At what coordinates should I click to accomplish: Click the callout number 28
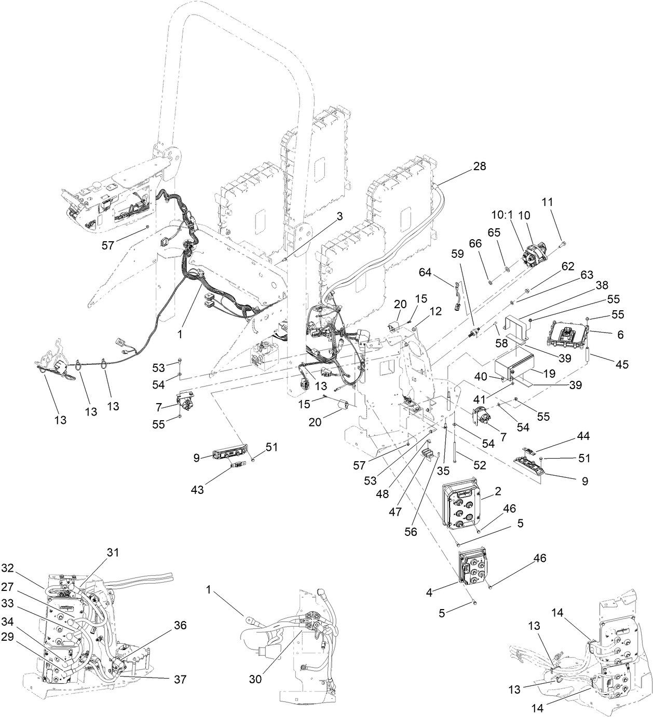pyautogui.click(x=479, y=167)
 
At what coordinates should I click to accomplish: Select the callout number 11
pyautogui.click(x=562, y=201)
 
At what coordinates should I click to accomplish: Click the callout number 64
pyautogui.click(x=425, y=271)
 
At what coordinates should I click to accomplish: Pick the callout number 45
pyautogui.click(x=622, y=365)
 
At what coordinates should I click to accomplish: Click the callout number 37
pyautogui.click(x=181, y=679)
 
